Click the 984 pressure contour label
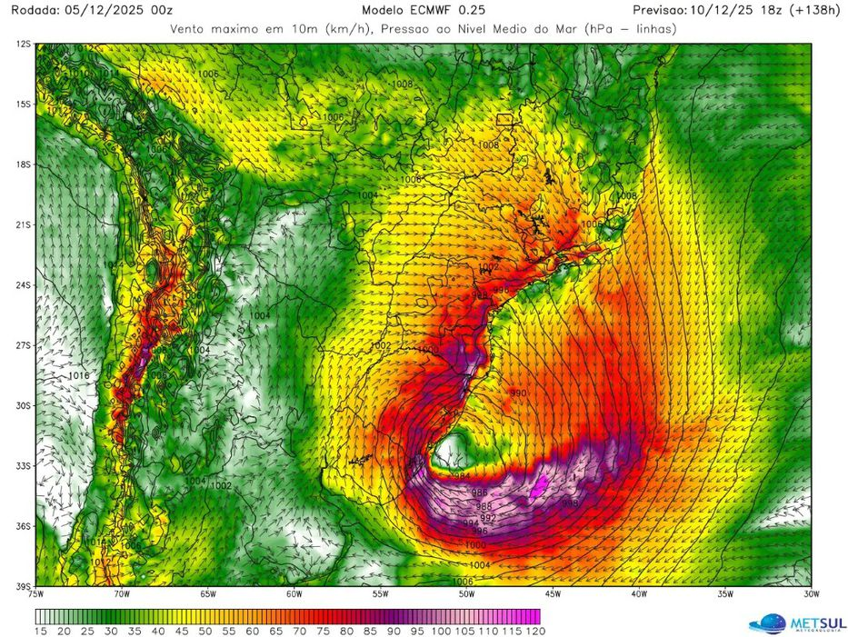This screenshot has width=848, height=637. (x=462, y=475)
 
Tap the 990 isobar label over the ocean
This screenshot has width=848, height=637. (x=518, y=393)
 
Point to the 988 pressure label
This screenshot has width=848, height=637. (x=484, y=505)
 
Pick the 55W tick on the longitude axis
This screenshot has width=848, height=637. (x=380, y=594)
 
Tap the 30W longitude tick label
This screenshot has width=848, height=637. (x=811, y=594)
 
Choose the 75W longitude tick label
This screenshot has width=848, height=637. (x=36, y=594)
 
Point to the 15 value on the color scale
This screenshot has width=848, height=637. (x=41, y=630)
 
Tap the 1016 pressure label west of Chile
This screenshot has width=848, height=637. (x=79, y=374)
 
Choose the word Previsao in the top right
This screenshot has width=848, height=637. (x=664, y=10)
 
